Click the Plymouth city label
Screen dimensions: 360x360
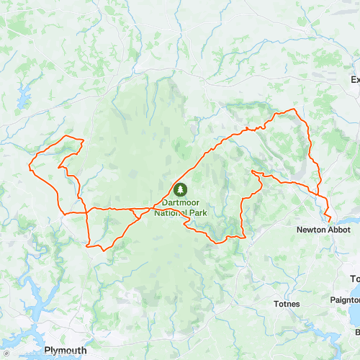[65, 330]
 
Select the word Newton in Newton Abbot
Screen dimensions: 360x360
[310, 230]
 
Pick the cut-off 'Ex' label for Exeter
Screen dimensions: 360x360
[354, 80]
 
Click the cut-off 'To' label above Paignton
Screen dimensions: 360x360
[354, 279]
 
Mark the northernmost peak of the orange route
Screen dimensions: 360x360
[292, 109]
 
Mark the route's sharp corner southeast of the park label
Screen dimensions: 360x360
[244, 235]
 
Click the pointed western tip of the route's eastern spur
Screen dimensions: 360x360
[251, 171]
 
